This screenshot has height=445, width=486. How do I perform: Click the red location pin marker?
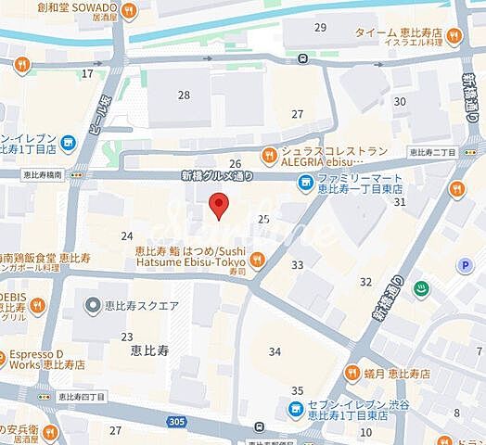click(218, 206)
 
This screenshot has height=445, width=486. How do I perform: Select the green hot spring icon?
click(421, 288)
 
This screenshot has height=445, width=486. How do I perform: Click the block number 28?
click(184, 95)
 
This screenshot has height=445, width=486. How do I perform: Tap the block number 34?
click(275, 351)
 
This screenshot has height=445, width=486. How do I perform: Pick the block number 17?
click(88, 73)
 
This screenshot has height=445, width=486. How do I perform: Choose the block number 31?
click(400, 201)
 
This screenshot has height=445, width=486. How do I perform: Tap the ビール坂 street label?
click(96, 117)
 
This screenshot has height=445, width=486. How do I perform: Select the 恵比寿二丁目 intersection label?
click(444, 152)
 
